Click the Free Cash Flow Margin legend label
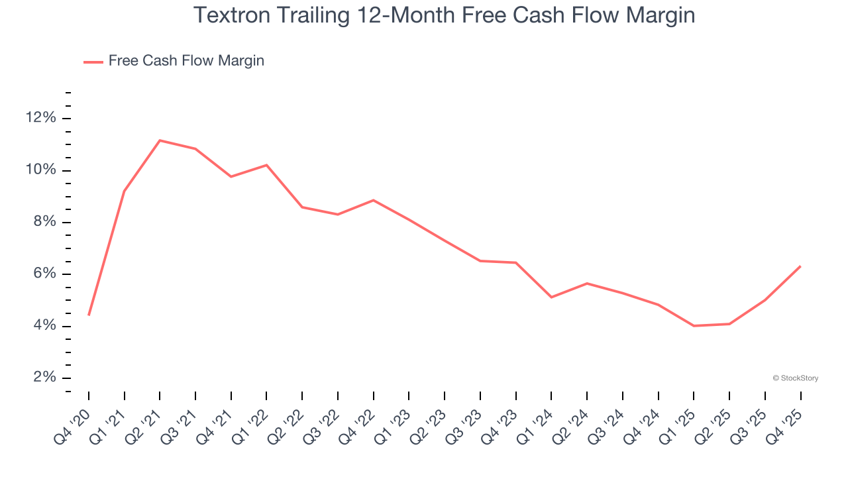pyautogui.click(x=186, y=61)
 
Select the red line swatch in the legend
pyautogui.click(x=93, y=62)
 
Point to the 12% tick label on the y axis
pyautogui.click(x=41, y=118)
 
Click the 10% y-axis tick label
pyautogui.click(x=41, y=170)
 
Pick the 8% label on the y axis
pyautogui.click(x=44, y=222)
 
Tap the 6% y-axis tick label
pyautogui.click(x=44, y=274)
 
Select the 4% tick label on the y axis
pyautogui.click(x=44, y=326)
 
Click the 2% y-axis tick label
pyautogui.click(x=44, y=378)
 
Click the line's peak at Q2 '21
pyautogui.click(x=160, y=140)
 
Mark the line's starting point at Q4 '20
pyautogui.click(x=89, y=315)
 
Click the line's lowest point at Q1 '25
pyautogui.click(x=694, y=326)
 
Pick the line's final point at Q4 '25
pyautogui.click(x=800, y=266)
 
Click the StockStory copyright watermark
pyautogui.click(x=795, y=378)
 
